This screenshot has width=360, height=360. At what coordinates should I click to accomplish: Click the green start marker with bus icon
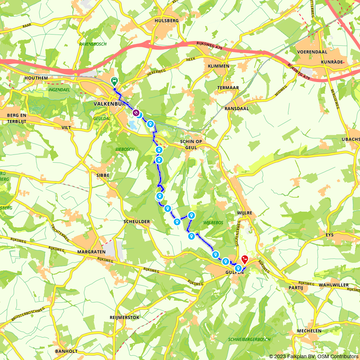pos(114,81)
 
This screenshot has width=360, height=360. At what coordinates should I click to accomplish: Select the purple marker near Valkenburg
pos(136,113)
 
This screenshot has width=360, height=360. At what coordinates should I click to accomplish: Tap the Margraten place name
pos(90,252)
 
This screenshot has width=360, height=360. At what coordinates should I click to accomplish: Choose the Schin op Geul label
pos(192,144)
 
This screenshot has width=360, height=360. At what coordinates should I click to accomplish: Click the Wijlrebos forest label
pos(213,223)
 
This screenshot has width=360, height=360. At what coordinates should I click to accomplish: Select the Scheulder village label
pos(136,221)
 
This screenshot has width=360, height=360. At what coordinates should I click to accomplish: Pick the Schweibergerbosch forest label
pos(249,339)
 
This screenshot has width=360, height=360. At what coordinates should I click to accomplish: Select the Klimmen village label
pos(219,66)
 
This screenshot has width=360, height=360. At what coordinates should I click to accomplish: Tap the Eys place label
pos(330,235)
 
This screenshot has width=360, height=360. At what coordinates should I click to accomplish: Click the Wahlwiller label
pos(333,285)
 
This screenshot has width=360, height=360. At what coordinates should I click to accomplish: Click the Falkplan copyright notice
pos(314,356)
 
